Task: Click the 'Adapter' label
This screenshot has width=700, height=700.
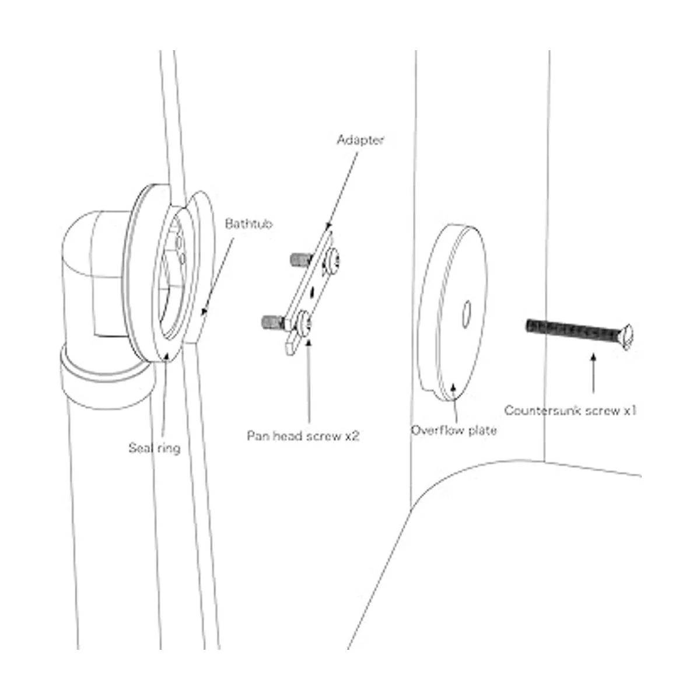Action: pos(360,140)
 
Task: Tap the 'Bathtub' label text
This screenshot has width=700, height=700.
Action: pos(249,223)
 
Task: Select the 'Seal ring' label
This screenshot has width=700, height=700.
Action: pos(154,448)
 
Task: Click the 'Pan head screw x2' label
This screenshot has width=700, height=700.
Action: pos(302,435)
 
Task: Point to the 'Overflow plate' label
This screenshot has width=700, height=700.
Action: pos(454,430)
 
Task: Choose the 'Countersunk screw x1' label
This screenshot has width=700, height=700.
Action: pos(570,411)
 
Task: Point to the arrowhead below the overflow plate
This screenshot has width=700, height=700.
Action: pos(453,388)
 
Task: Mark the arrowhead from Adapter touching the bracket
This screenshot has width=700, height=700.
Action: pos(328,227)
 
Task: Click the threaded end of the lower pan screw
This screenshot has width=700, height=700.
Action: pos(271,321)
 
